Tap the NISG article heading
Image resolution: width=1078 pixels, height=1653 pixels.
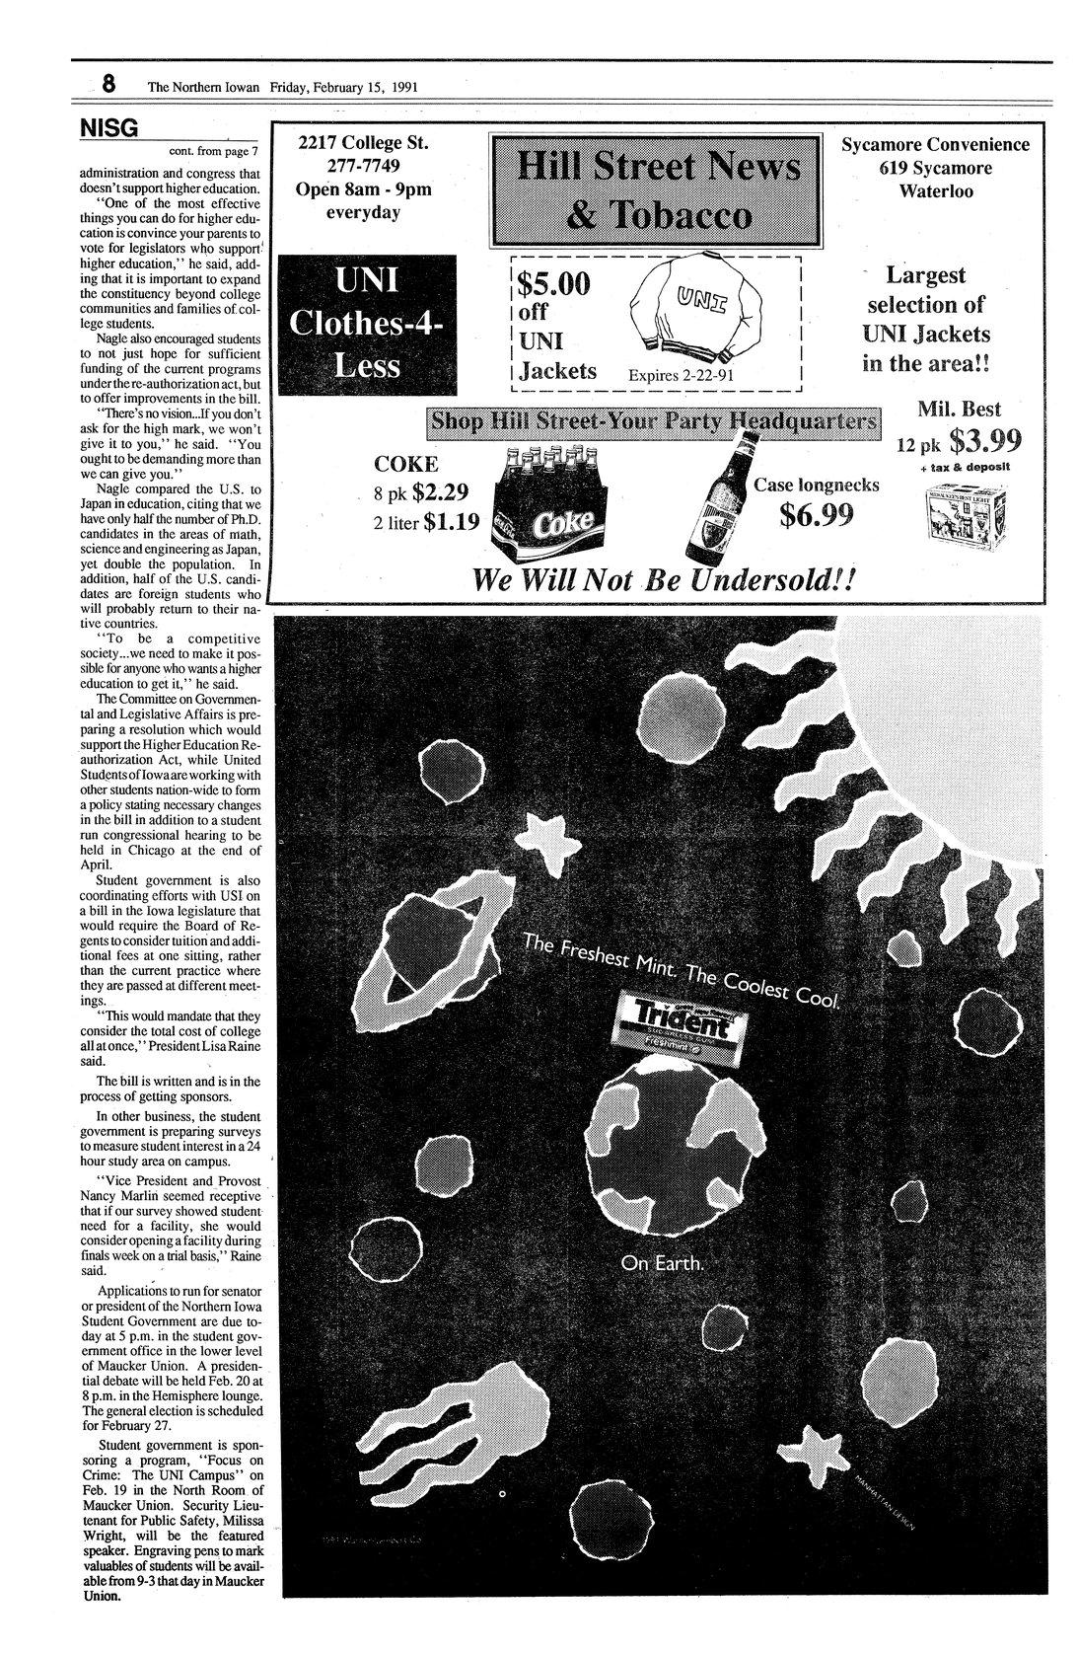(x=108, y=128)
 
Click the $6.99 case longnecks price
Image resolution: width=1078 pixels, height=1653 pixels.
(x=817, y=514)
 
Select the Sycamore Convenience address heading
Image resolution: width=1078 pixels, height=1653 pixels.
(x=934, y=145)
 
